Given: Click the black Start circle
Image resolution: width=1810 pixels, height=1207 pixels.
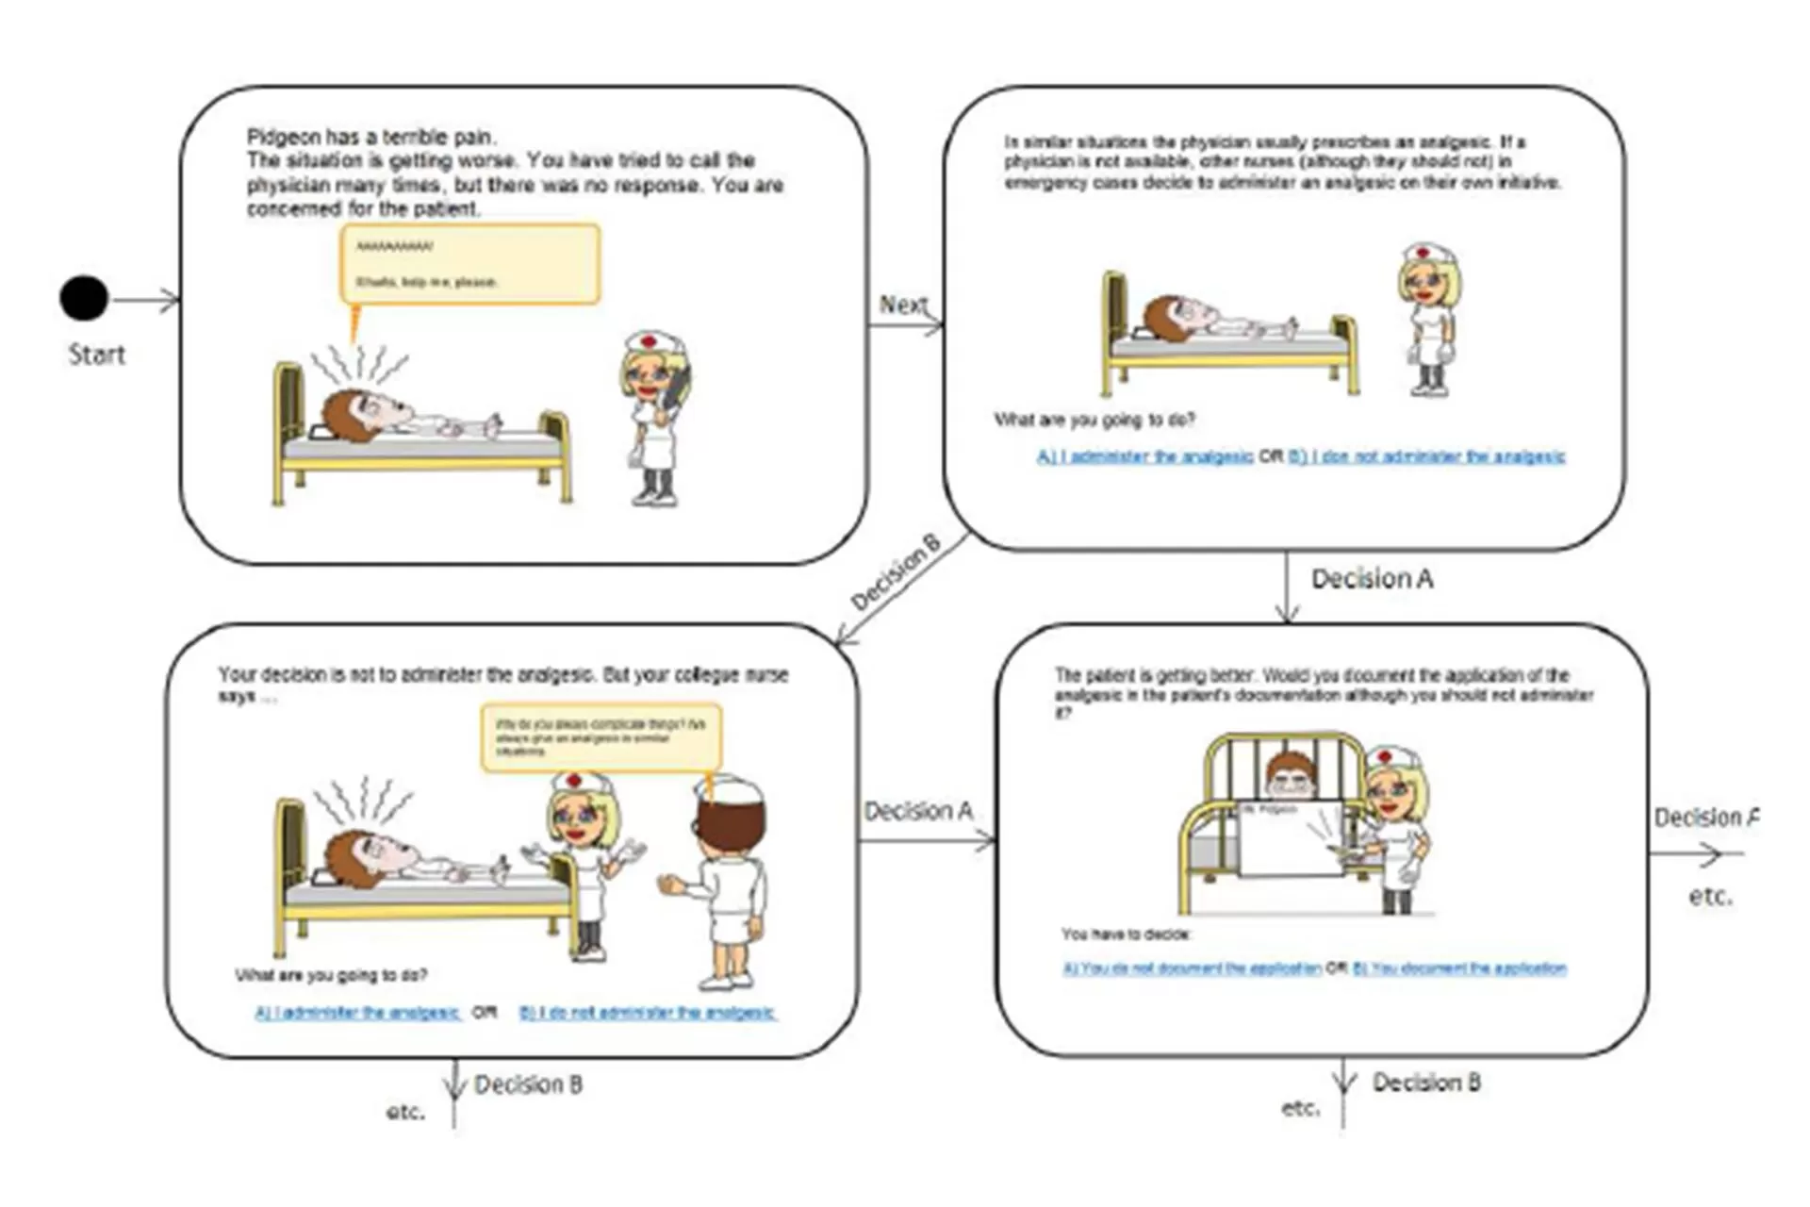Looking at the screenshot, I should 84,299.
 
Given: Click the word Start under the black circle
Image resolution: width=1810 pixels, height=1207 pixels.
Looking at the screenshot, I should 96,355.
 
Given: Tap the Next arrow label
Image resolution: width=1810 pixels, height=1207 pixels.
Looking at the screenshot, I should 903,305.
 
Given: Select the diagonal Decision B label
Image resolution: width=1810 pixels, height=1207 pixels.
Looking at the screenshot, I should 895,572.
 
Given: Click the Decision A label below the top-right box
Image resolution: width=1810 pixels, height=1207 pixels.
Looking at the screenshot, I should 1372,579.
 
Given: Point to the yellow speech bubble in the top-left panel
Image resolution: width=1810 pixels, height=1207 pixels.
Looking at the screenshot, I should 470,264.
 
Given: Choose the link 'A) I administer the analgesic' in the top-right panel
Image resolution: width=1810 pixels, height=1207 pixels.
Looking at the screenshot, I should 1144,457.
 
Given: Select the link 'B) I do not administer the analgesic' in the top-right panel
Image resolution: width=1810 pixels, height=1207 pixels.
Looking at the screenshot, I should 1426,457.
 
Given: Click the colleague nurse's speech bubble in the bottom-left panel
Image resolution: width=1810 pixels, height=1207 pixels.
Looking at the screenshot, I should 601,737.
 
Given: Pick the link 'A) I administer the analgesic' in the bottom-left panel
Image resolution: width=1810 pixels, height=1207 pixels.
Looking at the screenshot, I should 357,1014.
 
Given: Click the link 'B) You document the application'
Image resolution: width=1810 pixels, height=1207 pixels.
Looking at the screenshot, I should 1459,968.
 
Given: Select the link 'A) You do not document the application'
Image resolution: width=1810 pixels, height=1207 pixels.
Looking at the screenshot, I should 1192,968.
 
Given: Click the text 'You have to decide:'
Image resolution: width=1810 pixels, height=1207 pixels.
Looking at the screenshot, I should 1126,934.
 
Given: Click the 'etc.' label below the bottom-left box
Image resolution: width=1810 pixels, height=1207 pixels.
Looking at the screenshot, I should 405,1113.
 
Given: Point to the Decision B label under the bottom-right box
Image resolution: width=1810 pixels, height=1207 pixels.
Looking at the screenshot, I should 1425,1083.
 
